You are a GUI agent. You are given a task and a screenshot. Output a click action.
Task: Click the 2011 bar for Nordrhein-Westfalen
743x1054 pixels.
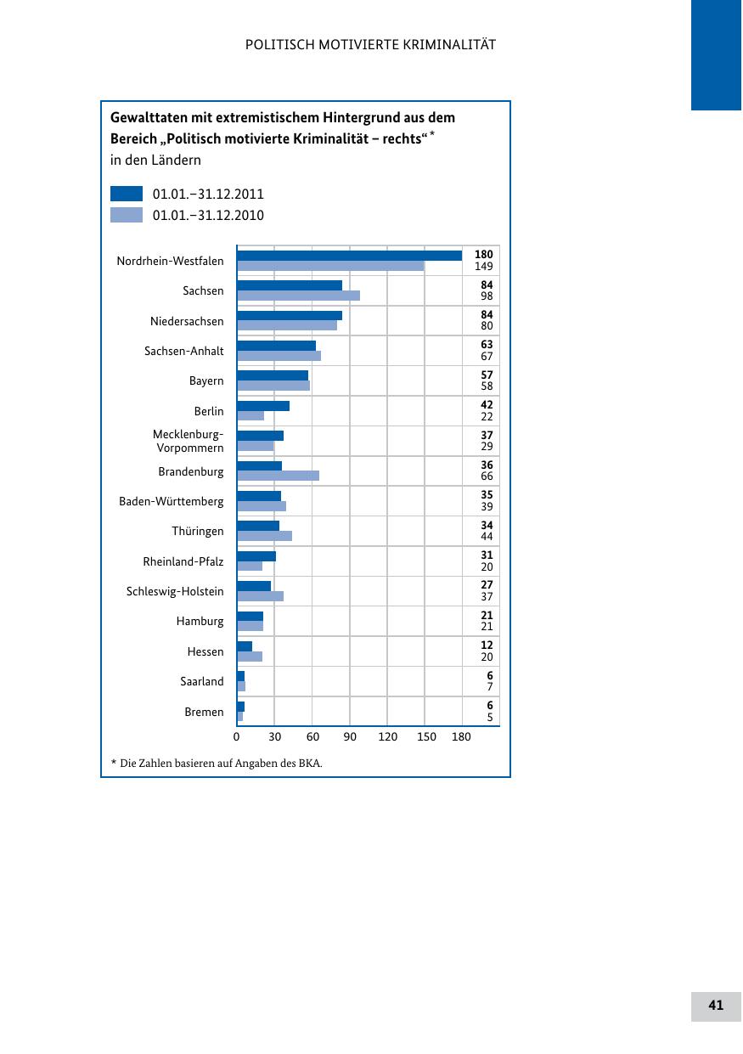point(349,256)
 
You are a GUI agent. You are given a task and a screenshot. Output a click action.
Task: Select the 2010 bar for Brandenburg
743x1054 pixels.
point(278,476)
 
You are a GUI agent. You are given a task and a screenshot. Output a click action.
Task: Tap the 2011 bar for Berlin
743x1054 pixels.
point(263,406)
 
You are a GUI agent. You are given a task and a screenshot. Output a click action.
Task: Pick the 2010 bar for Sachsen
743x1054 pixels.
point(298,296)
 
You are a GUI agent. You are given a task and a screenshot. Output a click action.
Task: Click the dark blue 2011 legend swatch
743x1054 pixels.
point(127,194)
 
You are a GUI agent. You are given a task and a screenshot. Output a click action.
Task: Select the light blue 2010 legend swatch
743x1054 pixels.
point(127,215)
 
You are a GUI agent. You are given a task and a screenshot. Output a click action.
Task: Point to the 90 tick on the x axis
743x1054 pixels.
point(350,737)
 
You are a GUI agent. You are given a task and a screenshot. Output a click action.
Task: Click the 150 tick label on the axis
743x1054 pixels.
point(426,737)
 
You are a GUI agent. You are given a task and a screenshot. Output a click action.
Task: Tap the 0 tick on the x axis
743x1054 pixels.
point(237,737)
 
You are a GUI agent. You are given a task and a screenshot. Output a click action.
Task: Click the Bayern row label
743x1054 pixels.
point(206,381)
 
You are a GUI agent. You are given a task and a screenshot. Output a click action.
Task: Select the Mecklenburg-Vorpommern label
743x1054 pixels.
point(189,442)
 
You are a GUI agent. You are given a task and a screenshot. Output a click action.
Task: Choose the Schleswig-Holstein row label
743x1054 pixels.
point(175,592)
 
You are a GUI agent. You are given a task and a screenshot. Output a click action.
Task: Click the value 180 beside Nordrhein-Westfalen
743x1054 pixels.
point(483,255)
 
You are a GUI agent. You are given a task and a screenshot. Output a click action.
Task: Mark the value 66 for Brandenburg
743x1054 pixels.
point(487,477)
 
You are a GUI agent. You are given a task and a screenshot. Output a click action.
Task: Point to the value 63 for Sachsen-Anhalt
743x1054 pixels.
point(487,345)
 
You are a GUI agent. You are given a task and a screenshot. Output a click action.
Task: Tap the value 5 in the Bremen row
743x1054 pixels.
point(489,718)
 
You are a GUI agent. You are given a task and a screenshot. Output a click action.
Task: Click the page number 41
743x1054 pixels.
point(716,1006)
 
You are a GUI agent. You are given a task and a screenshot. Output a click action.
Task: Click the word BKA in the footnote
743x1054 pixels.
point(310,764)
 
